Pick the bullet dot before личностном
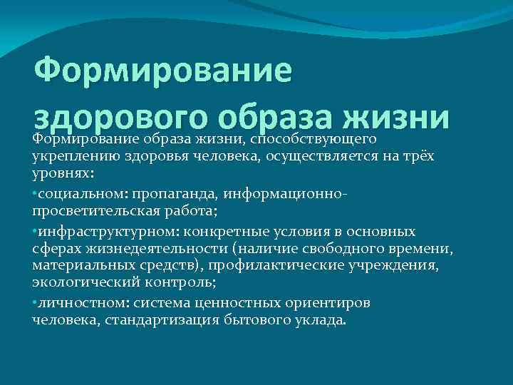point(35,302)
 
